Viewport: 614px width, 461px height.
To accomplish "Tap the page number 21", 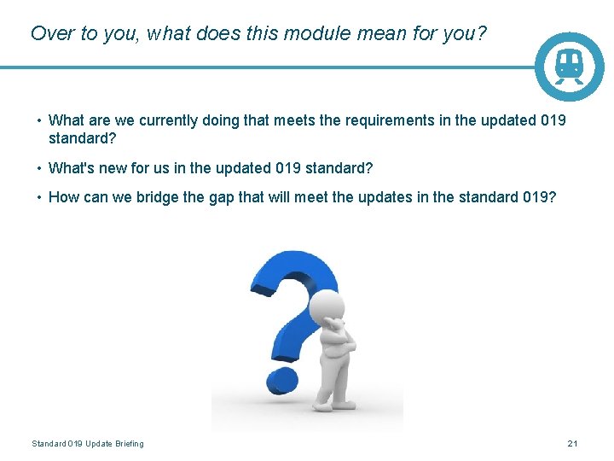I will click(x=572, y=443).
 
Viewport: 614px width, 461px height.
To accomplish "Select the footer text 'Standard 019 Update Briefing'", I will click(x=88, y=443).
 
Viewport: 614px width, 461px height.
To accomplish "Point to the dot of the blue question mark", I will click(x=279, y=378).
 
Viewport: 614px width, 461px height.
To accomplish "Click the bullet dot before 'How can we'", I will click(x=38, y=197).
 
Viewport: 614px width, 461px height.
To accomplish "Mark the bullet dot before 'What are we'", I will click(x=38, y=120).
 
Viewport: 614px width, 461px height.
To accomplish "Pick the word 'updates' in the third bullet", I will click(x=390, y=197).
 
